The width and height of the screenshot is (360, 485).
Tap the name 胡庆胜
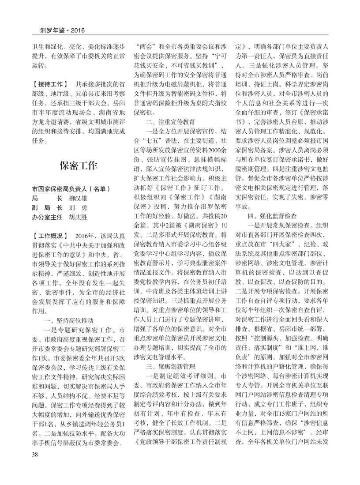pyautogui.click(x=79, y=218)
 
